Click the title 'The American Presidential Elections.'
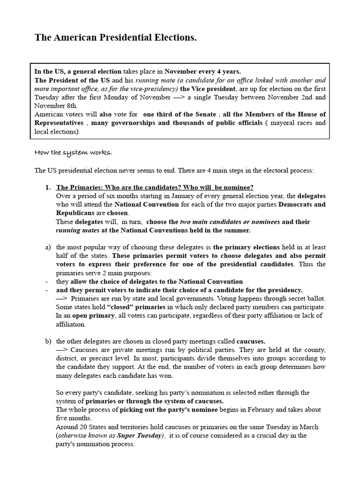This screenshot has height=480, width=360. (x=115, y=38)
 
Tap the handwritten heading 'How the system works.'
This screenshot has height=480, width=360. (x=74, y=153)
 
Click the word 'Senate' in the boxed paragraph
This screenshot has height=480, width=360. (x=204, y=114)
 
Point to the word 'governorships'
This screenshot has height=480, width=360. (x=118, y=123)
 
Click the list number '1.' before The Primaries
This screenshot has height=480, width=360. (x=48, y=187)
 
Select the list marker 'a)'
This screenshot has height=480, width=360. (x=48, y=247)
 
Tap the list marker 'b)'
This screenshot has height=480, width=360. (x=48, y=341)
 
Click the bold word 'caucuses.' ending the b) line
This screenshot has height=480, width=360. (x=251, y=341)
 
